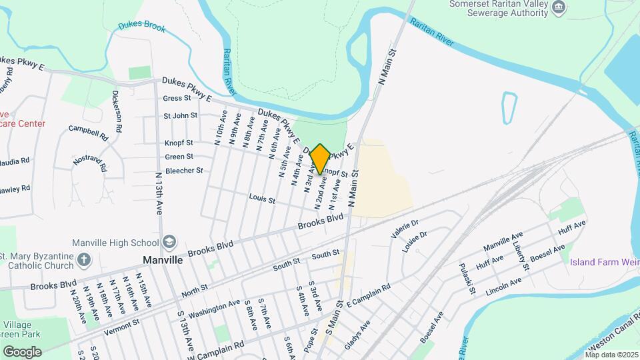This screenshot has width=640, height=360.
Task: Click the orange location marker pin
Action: pos(320,159)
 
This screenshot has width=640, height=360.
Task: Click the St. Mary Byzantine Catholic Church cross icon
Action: pos(83,259)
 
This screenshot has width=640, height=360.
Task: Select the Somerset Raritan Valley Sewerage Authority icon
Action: pos(560,8)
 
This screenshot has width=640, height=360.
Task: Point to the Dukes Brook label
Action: pos(142,27)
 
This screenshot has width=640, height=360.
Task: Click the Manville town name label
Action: pos(163,260)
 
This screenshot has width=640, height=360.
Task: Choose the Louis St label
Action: pos(262,198)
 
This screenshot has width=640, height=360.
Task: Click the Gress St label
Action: pos(177,98)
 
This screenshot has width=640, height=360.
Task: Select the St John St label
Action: pos(181,115)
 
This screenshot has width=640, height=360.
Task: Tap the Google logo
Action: pos(22,351)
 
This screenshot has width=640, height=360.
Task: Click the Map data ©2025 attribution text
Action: pos(611,354)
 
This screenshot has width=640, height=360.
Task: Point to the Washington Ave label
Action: pos(214,307)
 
